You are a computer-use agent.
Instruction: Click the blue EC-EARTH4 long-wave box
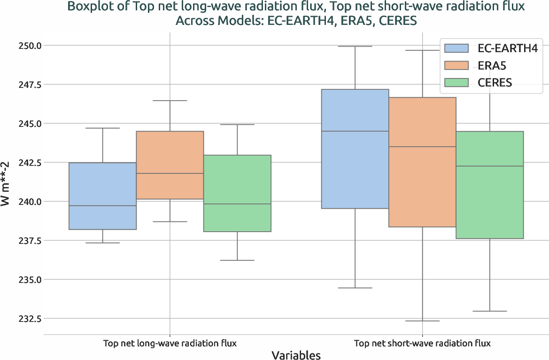click(x=102, y=196)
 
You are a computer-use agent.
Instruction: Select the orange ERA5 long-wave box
click(x=170, y=165)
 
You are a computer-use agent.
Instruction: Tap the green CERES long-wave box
click(x=237, y=193)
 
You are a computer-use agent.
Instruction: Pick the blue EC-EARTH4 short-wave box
click(x=355, y=149)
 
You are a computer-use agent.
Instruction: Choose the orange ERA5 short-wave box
click(x=422, y=162)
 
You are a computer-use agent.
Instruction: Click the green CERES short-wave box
click(x=490, y=185)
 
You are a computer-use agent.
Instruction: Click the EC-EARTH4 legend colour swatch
click(x=456, y=47)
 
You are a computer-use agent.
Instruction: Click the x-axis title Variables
click(x=296, y=355)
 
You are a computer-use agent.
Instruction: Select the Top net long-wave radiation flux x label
click(x=170, y=343)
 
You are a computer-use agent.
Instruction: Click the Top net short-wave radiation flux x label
click(x=422, y=343)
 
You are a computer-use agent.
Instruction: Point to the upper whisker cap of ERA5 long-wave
click(x=170, y=101)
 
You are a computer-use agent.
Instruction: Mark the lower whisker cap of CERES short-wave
click(x=490, y=311)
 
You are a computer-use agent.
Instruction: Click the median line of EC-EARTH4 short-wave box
click(x=355, y=131)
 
